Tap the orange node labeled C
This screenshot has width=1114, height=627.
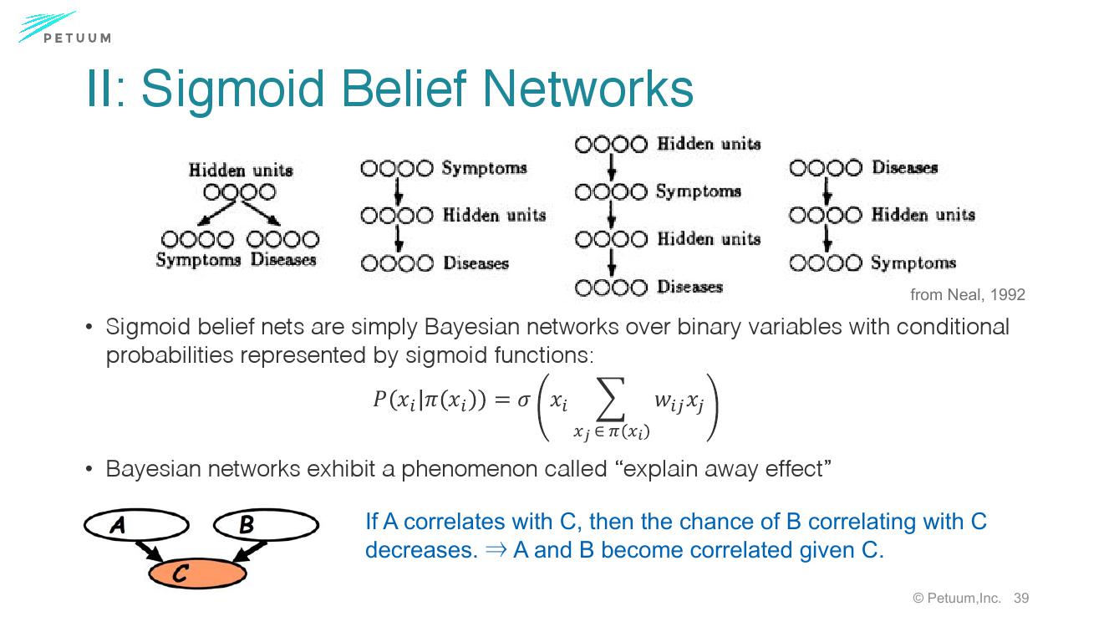pos(197,573)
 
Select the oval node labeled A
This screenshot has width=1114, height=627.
pos(136,526)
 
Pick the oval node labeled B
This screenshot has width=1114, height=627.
pos(266,525)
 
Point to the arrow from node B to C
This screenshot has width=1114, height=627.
pos(250,551)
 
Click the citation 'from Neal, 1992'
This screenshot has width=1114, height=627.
pos(967,294)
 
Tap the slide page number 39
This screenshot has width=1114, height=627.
pos(1020,598)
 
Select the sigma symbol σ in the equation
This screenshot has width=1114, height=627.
pos(524,400)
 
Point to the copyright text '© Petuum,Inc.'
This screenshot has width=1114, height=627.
pos(957,598)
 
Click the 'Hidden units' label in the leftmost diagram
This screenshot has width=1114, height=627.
pos(241,171)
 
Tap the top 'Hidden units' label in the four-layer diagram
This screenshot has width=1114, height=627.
pos(709,144)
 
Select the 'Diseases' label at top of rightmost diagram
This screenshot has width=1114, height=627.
pos(905,168)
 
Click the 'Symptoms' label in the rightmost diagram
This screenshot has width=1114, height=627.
pos(913,263)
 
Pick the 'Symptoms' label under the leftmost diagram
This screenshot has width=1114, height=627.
pos(198,260)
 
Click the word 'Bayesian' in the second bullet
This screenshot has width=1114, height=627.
pos(154,469)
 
